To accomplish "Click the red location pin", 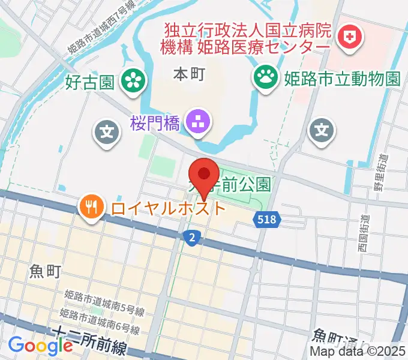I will (205, 175).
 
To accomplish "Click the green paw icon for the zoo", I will (264, 77).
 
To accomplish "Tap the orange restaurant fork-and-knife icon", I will (91, 208).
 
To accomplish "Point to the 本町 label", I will (189, 74).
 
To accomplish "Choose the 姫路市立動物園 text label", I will (341, 78).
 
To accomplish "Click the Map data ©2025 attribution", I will (358, 351).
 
